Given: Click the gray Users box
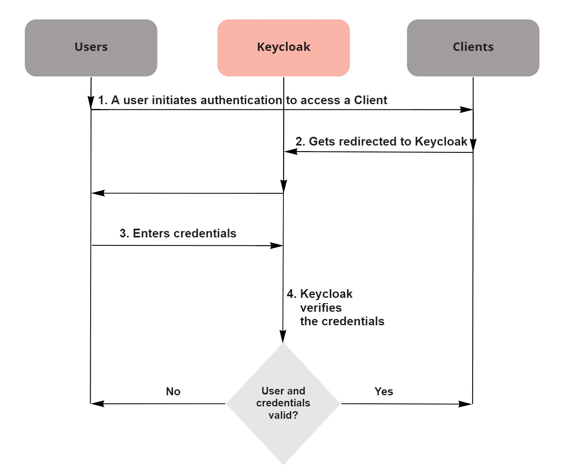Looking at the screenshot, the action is tap(91, 48).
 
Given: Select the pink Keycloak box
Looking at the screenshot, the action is tap(283, 48).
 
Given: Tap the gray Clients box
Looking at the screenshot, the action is tap(473, 48).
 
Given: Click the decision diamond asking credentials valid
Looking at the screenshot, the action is tap(283, 404).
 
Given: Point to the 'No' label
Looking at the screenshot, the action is tap(173, 392).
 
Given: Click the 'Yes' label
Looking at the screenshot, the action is tap(384, 392).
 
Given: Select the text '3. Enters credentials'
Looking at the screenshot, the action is tap(178, 233).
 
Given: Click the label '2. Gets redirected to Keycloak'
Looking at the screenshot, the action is tap(381, 142).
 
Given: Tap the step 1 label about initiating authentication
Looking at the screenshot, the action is tap(242, 100).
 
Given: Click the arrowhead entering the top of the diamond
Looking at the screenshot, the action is tap(283, 336).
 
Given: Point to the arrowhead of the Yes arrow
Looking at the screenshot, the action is tap(465, 404).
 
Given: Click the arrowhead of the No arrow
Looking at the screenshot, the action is tap(97, 404).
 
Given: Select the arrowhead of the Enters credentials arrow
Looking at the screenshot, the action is tap(276, 245).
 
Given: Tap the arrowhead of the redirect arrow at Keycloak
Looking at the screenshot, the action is tap(291, 151).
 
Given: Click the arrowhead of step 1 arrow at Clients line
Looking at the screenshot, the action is tap(466, 109).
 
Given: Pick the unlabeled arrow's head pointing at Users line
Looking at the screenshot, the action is tap(98, 193).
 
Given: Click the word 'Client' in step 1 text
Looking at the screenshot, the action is tap(370, 100).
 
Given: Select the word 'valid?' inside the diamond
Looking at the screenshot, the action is tap(283, 415).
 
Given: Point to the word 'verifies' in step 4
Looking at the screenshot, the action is tap(321, 308).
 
